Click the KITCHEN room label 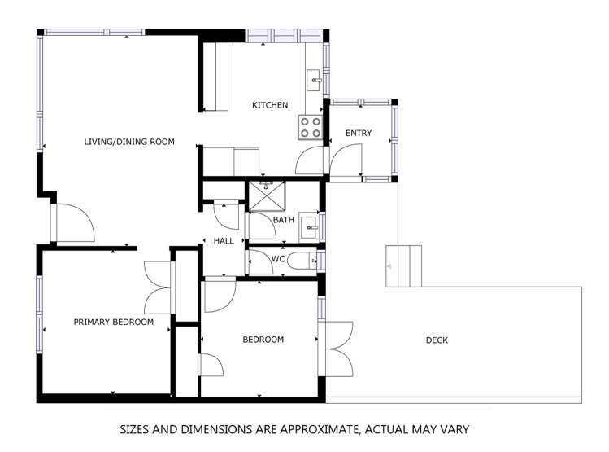(269, 105)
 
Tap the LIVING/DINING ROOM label (129, 142)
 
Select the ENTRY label (359, 134)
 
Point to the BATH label (283, 220)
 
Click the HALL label (224, 241)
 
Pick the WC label (277, 259)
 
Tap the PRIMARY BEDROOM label (113, 322)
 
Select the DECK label (437, 340)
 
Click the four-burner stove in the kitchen (310, 127)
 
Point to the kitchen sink (314, 81)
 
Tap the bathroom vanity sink (308, 226)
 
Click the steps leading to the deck (403, 265)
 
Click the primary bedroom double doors (158, 287)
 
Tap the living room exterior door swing (74, 222)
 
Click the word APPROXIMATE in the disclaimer (315, 428)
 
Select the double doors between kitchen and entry (329, 159)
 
